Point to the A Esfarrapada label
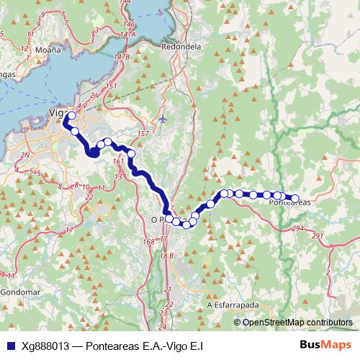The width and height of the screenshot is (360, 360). [x=233, y=305]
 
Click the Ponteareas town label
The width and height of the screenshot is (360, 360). [x=289, y=203]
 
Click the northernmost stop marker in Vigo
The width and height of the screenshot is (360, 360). [x=71, y=116]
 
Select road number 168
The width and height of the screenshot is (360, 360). [x=149, y=242]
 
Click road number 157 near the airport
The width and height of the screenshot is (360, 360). [x=143, y=134]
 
